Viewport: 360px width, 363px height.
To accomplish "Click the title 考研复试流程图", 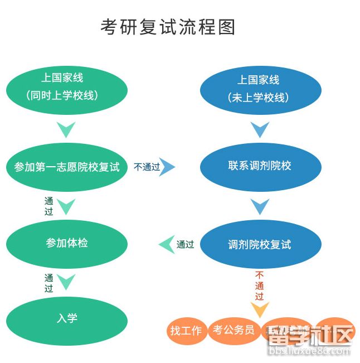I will (x=168, y=26).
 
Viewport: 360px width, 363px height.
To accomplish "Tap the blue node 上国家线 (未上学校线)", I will (x=260, y=89).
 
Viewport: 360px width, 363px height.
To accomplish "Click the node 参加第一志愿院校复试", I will (x=67, y=166).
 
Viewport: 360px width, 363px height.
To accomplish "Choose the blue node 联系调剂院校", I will (x=260, y=166).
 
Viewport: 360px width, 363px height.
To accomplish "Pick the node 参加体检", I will (x=67, y=243).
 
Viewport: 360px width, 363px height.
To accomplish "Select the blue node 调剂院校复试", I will (x=260, y=244).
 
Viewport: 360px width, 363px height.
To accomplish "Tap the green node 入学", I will (x=67, y=318).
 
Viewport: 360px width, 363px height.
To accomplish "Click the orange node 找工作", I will (x=186, y=331).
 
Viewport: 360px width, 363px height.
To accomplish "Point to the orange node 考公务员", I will (x=233, y=330).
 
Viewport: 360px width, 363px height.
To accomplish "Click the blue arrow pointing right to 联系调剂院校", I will (x=167, y=166).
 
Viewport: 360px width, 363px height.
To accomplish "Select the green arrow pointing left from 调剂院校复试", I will (x=167, y=244).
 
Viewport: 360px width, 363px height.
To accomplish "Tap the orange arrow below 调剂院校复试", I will (x=260, y=309).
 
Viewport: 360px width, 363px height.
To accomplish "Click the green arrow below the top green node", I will (x=66, y=130).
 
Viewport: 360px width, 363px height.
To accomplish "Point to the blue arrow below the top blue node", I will (x=260, y=130).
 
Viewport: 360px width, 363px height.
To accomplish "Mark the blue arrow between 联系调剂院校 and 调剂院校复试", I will (x=260, y=207).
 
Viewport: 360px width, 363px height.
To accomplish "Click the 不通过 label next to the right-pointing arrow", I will (x=146, y=167).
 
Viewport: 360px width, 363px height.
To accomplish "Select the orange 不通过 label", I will (x=260, y=285).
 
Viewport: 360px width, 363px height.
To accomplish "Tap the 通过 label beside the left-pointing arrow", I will (x=185, y=244).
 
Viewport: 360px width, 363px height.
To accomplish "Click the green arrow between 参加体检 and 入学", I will (x=66, y=282).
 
